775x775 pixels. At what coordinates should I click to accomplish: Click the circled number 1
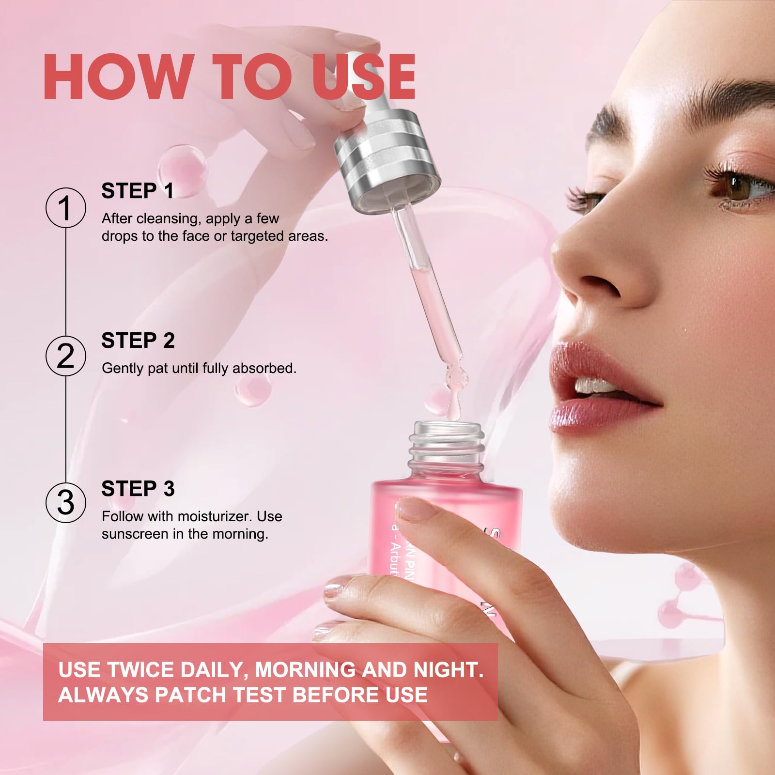pos(66,208)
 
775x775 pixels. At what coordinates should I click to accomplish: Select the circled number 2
pos(66,356)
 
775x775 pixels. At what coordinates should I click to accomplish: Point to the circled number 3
pos(66,502)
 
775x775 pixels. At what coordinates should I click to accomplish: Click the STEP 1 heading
pos(138,191)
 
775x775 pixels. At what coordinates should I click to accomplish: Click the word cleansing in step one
pos(167,219)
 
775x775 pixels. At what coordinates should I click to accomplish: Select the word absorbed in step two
pos(264,369)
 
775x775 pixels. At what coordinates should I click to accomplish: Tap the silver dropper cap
pos(387,160)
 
